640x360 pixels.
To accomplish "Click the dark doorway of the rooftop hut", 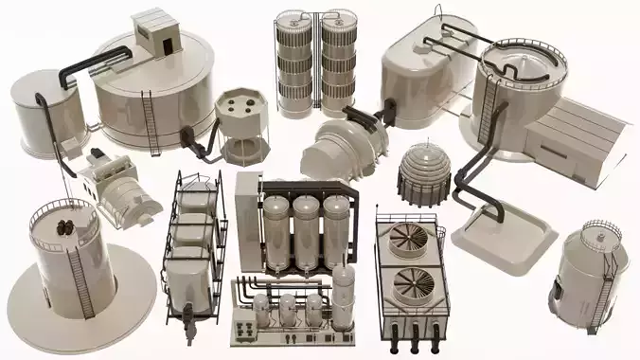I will tap(167, 44).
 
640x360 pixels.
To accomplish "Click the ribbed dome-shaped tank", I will tap(424, 171).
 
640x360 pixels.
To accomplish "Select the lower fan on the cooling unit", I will tap(415, 282).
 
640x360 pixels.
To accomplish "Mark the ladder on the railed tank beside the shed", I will tap(489, 108).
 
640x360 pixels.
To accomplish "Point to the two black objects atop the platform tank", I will tap(67, 226).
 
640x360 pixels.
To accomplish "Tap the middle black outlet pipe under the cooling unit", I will tap(415, 332).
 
